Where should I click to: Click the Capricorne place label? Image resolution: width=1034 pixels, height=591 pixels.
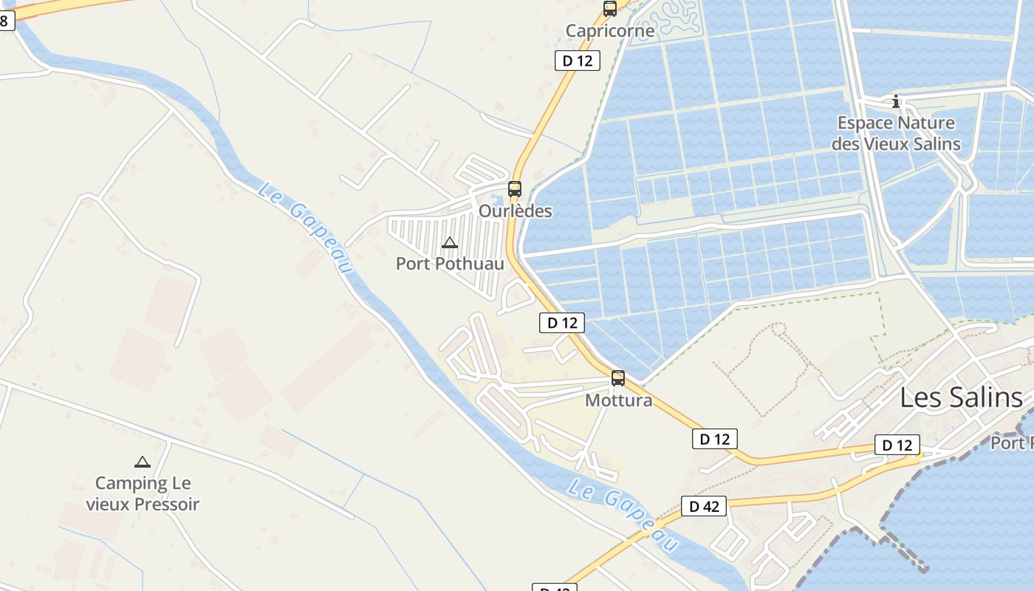(x=610, y=31)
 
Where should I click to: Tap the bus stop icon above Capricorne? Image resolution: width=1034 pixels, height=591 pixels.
(x=610, y=9)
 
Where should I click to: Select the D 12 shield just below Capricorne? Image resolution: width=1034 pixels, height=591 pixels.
(x=578, y=61)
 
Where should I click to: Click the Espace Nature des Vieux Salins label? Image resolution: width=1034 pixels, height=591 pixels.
(x=896, y=133)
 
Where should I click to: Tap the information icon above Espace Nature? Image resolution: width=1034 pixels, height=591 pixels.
(x=896, y=101)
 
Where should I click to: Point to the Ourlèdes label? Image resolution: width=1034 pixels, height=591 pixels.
(x=516, y=211)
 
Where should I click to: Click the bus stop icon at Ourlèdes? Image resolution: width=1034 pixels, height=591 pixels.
(x=515, y=189)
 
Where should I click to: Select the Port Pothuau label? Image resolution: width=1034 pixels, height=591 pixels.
(x=450, y=264)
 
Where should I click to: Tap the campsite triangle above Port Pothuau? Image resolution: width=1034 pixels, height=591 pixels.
(x=449, y=242)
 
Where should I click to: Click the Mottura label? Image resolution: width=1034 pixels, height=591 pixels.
(x=618, y=400)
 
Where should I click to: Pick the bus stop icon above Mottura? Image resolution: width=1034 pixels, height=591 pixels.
(x=618, y=378)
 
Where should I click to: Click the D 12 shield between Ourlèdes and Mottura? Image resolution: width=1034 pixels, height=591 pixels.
(x=562, y=323)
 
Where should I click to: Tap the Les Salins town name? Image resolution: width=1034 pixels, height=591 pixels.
(x=961, y=397)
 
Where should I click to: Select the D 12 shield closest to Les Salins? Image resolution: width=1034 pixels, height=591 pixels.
(x=897, y=445)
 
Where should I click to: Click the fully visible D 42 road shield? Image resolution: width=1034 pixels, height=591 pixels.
(x=704, y=506)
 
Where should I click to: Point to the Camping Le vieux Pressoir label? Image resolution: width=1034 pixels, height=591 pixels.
(x=143, y=493)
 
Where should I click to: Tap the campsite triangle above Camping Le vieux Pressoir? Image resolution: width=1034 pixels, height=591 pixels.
(x=143, y=462)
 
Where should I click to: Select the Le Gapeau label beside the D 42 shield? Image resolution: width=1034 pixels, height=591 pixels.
(x=624, y=515)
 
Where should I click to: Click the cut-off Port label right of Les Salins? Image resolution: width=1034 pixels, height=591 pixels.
(x=1011, y=443)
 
